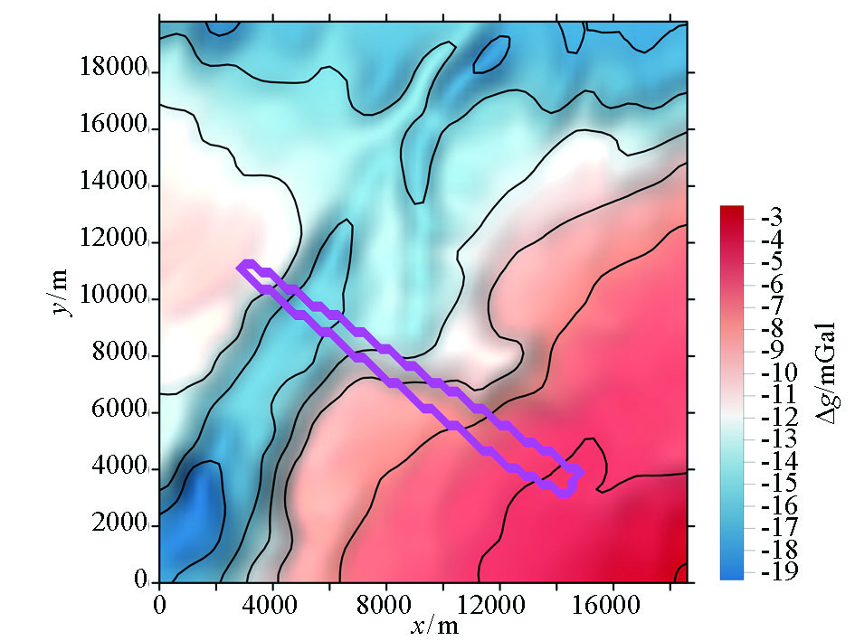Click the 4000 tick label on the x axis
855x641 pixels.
tap(272, 601)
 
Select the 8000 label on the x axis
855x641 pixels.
tap(386, 601)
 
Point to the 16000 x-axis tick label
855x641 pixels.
tap(610, 601)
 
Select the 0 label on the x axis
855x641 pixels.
tap(159, 601)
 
